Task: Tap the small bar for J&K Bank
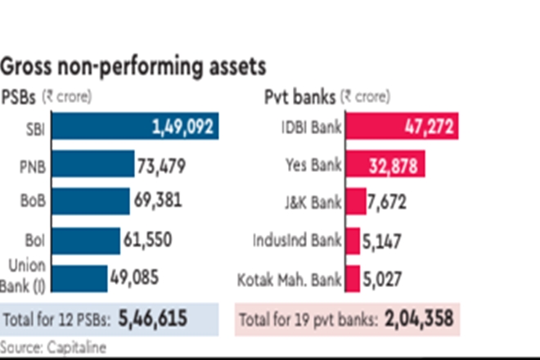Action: (355, 201)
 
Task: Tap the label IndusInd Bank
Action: (299, 241)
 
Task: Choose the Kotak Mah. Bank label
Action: (290, 278)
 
